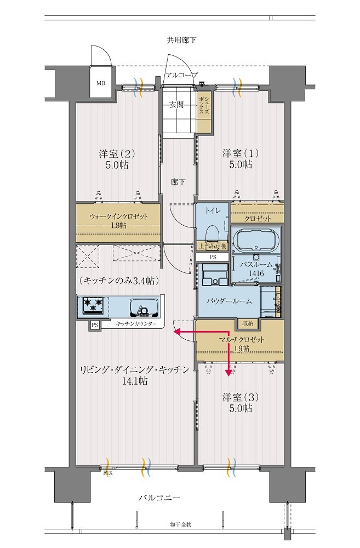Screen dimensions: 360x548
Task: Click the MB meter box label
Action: tap(101, 83)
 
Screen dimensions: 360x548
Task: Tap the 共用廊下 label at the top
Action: tap(181, 40)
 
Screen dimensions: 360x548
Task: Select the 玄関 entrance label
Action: tap(176, 105)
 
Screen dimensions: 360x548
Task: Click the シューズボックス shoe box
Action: tap(204, 112)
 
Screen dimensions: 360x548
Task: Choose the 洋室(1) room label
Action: tap(241, 153)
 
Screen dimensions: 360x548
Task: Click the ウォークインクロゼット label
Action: tap(118, 216)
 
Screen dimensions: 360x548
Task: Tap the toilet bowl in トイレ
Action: tap(212, 233)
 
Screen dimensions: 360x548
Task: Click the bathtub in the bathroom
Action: tap(257, 241)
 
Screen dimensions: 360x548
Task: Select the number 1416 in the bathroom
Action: tap(256, 273)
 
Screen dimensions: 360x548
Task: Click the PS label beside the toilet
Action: tap(213, 257)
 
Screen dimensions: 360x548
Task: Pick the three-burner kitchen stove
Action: tap(93, 304)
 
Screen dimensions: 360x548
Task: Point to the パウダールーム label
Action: tap(228, 301)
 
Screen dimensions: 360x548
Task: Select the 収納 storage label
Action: tap(248, 323)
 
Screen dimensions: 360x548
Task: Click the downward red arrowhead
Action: tap(229, 373)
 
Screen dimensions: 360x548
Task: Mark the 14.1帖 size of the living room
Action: tap(135, 381)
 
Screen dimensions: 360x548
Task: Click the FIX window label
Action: tap(108, 473)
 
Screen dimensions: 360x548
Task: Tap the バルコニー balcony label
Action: tap(159, 498)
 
